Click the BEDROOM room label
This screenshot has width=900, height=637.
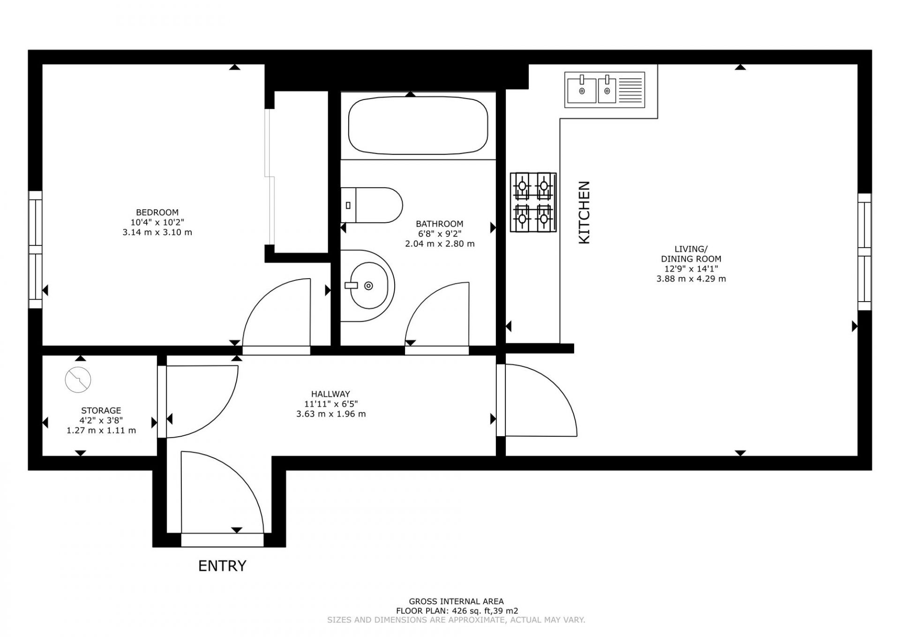coord(157,212)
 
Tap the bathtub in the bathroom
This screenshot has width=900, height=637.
coord(418,126)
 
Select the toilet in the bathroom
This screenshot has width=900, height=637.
coord(372,205)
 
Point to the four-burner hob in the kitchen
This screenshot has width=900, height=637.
coord(533,202)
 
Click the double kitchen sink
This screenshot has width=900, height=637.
coord(605,90)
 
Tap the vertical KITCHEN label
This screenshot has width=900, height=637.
coord(584,212)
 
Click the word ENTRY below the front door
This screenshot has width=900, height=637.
coord(222,566)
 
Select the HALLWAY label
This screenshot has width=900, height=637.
coord(330,394)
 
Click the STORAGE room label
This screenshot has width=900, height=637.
coord(101,410)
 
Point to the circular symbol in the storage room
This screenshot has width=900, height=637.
coord(78,379)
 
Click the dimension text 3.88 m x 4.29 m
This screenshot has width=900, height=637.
coord(691,279)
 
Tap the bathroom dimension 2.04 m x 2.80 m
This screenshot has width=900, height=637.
coord(440,244)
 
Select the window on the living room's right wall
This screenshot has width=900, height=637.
coord(864,252)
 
